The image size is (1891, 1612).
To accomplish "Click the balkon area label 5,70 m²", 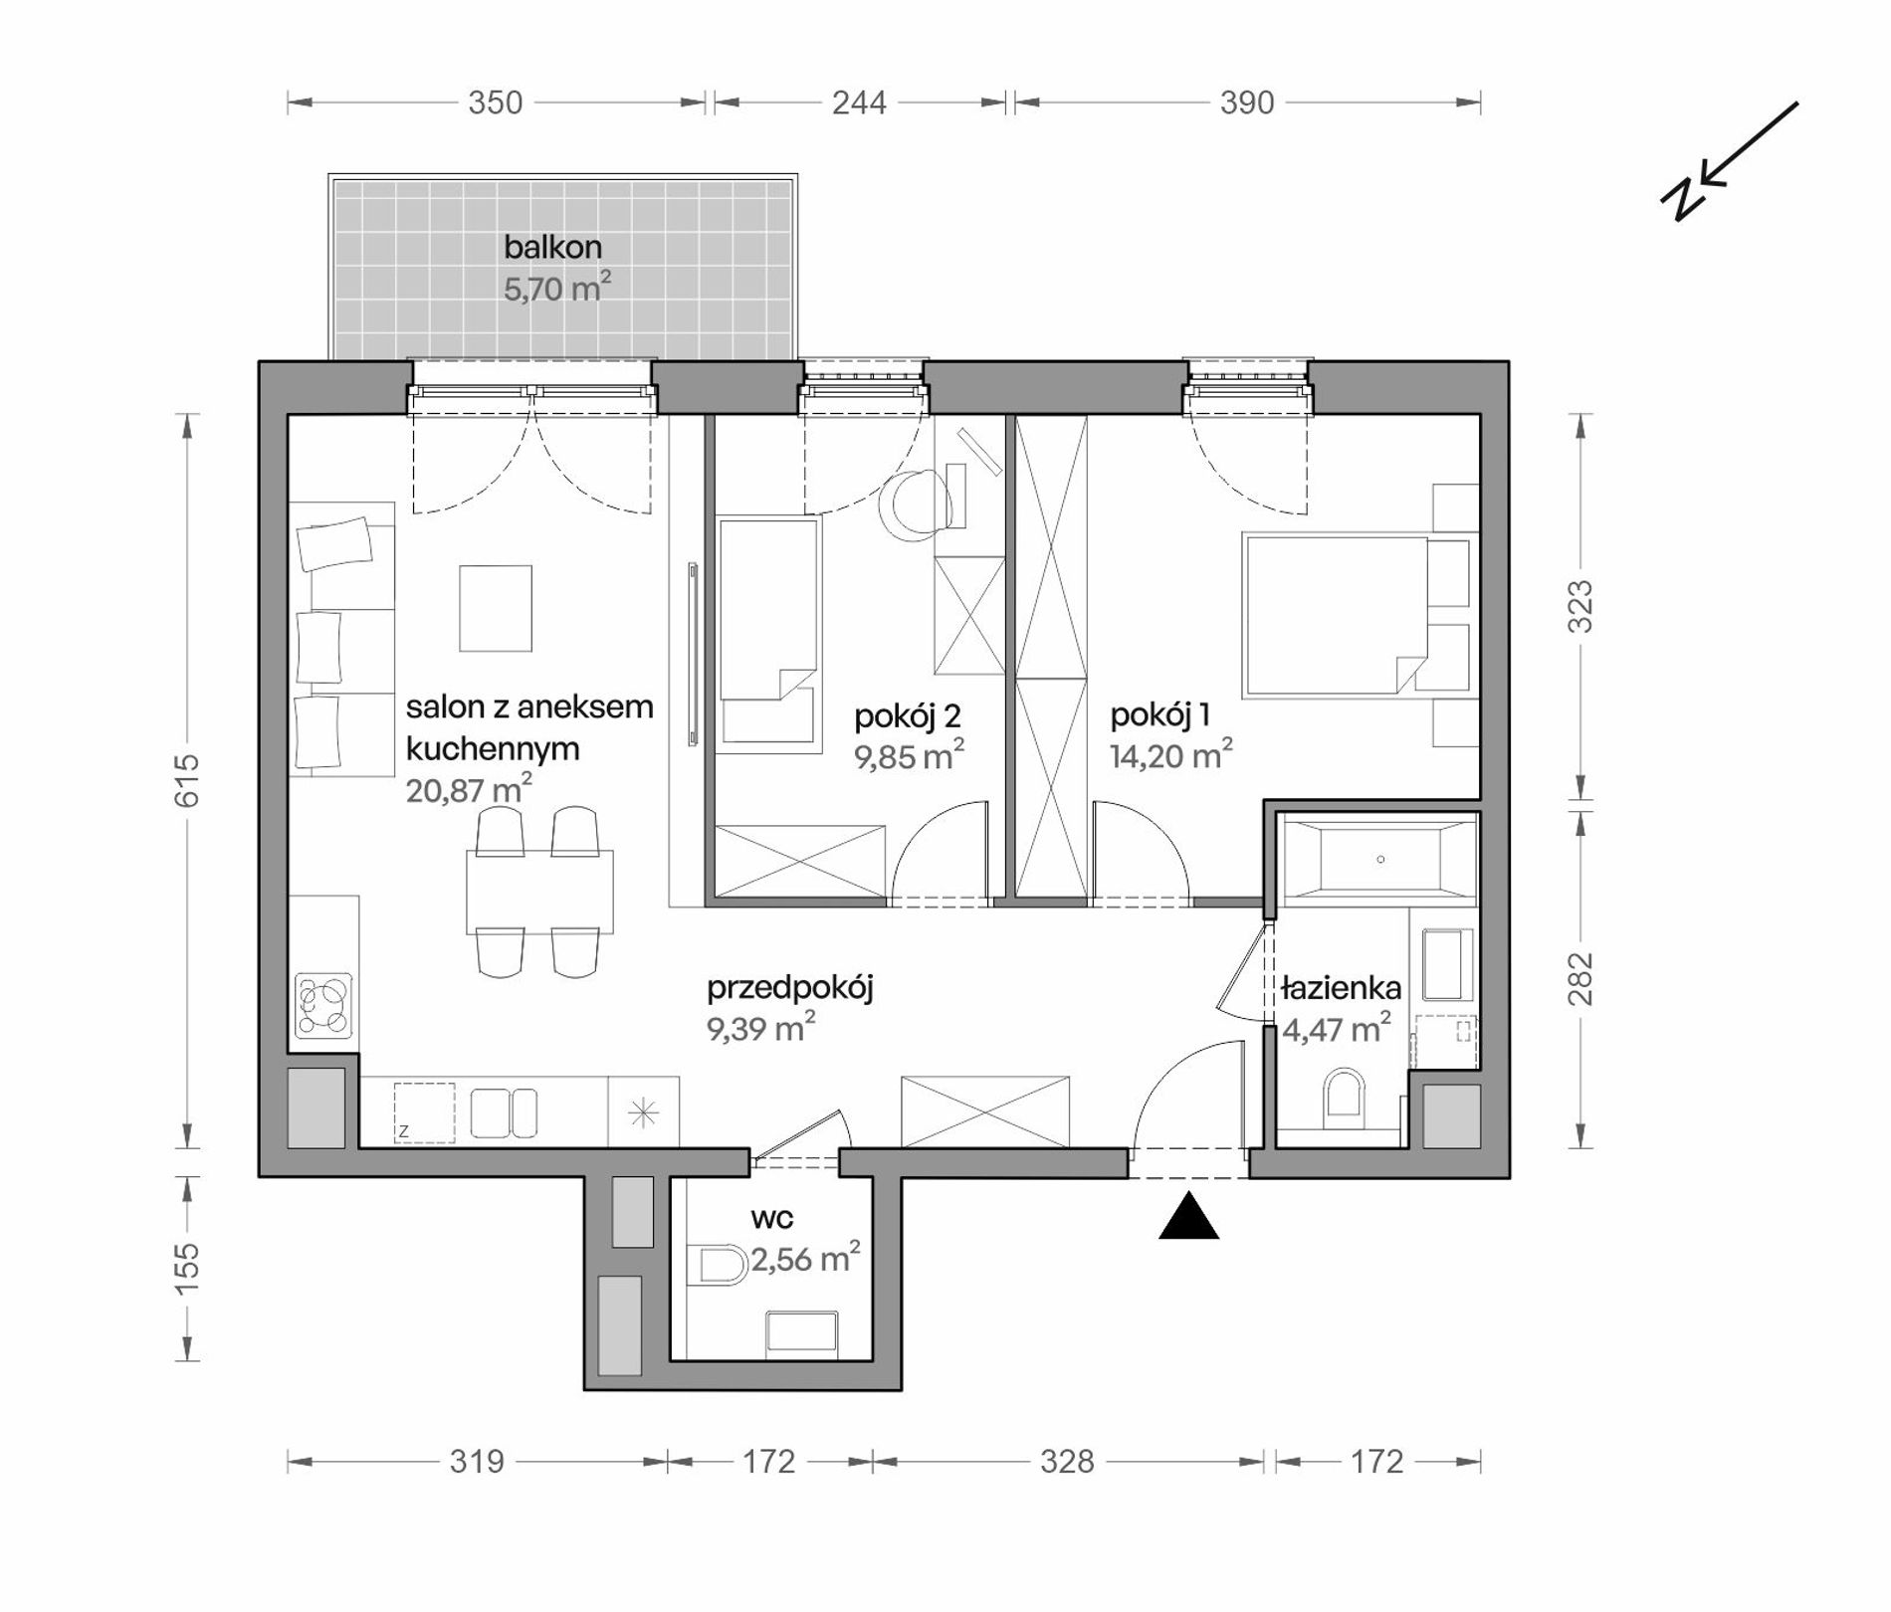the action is [x=556, y=289].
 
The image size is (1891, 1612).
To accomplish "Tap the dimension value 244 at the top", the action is [x=859, y=102].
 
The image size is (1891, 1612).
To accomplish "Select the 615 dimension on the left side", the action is [x=187, y=780].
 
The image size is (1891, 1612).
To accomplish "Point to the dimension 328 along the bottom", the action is [x=1067, y=1462].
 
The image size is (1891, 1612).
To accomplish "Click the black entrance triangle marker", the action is [x=1189, y=1219].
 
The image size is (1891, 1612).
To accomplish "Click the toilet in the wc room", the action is [x=724, y=1266].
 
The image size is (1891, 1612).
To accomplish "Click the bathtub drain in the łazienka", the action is [x=1380, y=859].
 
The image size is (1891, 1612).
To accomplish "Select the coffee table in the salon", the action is [x=496, y=608].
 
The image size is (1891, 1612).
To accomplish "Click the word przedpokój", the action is [x=790, y=988].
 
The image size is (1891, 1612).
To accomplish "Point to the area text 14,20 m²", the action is [x=1171, y=755].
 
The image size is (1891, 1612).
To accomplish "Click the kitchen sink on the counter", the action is [x=504, y=1112].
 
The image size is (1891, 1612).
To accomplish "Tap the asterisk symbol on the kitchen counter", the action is [x=644, y=1112].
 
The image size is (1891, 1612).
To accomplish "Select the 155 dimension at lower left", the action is [x=187, y=1269].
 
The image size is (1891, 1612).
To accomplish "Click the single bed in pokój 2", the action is [x=769, y=635].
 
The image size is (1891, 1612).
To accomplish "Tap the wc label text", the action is [x=772, y=1218].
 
